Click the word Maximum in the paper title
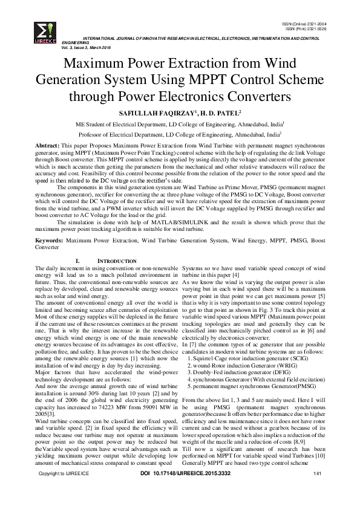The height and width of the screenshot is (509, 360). (95, 63)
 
